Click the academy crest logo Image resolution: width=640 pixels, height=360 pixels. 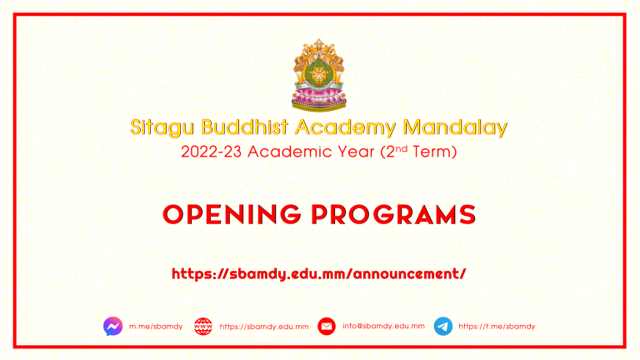[319, 75]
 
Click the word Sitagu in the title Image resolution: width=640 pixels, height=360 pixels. [162, 127]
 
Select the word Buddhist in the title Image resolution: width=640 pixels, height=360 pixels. [245, 127]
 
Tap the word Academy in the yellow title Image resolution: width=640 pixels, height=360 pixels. [345, 127]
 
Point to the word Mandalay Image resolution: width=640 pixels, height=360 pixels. [455, 127]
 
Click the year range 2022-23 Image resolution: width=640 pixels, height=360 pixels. [212, 152]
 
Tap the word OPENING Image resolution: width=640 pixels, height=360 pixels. [232, 214]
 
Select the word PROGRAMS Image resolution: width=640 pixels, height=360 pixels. [393, 214]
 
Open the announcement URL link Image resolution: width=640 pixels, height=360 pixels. [319, 274]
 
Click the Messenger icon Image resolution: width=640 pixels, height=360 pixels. [113, 326]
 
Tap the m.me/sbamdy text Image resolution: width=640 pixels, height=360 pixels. [156, 327]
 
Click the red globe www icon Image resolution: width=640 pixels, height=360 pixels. [203, 327]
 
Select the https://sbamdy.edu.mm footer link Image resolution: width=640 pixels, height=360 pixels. [264, 327]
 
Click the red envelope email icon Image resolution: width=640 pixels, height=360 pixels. [327, 326]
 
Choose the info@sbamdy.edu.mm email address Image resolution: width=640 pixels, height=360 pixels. [383, 326]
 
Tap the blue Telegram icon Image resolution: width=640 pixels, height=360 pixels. [442, 326]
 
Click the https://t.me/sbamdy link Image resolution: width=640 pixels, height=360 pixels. [497, 327]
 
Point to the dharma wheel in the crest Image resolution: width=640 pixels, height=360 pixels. [319, 75]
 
